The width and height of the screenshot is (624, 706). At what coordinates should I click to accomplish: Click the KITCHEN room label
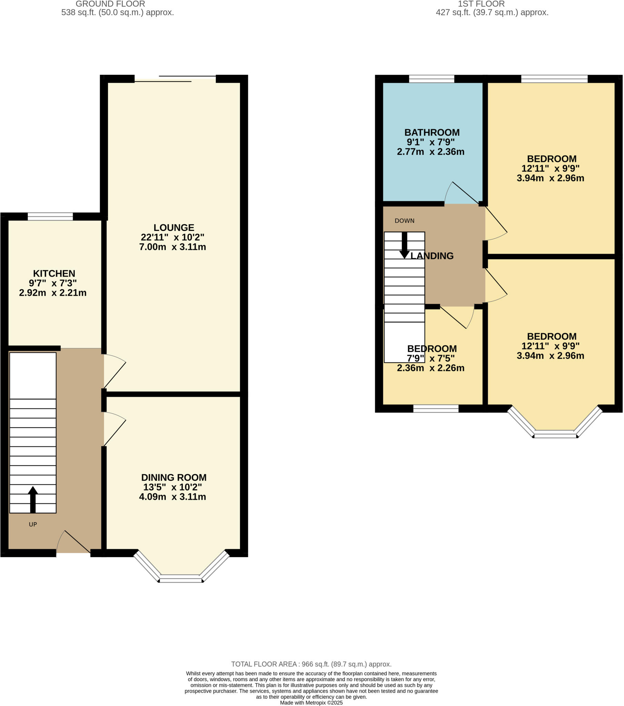[54, 274]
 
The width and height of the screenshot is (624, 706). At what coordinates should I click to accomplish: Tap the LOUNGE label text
[174, 228]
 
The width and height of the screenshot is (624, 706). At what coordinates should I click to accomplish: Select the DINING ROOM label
[174, 477]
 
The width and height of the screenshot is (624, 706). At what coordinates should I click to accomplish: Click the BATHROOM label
[432, 132]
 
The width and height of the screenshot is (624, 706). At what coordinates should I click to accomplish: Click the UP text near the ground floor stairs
[33, 524]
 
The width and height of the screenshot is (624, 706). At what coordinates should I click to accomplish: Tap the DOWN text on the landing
[404, 221]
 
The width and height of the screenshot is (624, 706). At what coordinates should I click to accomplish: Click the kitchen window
[50, 217]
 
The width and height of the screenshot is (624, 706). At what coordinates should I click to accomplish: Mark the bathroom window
[432, 79]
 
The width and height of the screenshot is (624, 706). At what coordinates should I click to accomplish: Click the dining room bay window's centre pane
[181, 578]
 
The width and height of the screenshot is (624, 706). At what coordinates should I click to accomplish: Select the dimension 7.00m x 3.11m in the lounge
[172, 247]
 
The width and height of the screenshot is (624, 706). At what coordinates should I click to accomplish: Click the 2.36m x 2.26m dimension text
[431, 368]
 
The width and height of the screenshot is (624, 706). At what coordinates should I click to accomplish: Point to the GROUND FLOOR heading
[110, 4]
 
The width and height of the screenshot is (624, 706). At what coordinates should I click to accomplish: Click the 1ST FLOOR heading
[481, 4]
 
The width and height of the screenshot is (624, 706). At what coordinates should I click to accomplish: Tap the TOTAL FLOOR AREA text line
[311, 664]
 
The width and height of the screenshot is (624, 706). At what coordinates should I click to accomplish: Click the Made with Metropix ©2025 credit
[311, 703]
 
